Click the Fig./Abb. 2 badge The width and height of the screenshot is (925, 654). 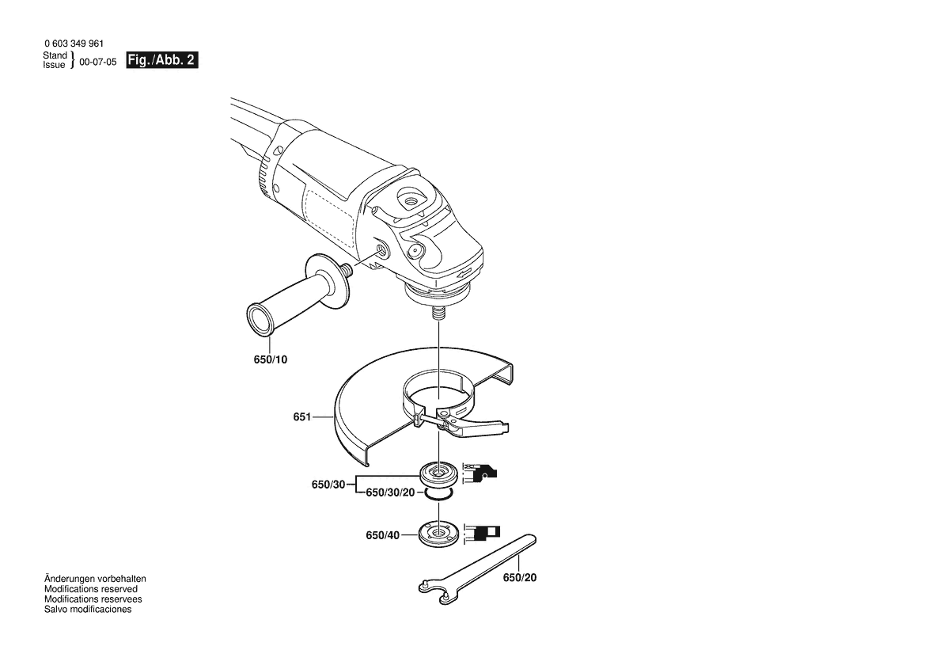coord(161,60)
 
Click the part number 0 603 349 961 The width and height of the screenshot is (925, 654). coord(74,44)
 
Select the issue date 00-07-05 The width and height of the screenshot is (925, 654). coord(98,62)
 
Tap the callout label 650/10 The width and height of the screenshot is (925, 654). coord(270,359)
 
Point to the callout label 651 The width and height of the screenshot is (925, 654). coord(302,416)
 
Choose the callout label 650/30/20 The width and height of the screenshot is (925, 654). coord(391,492)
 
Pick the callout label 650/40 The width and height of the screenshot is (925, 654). coord(382,535)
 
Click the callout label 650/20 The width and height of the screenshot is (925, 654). coord(520,577)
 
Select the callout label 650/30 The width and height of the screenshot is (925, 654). coord(328,485)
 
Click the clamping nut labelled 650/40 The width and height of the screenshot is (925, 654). coord(436,534)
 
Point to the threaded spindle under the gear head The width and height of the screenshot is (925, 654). coord(439,310)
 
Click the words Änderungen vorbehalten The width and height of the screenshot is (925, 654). coord(95,579)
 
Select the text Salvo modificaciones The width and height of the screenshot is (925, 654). coord(88,609)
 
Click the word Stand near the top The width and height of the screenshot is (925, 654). coord(55,55)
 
